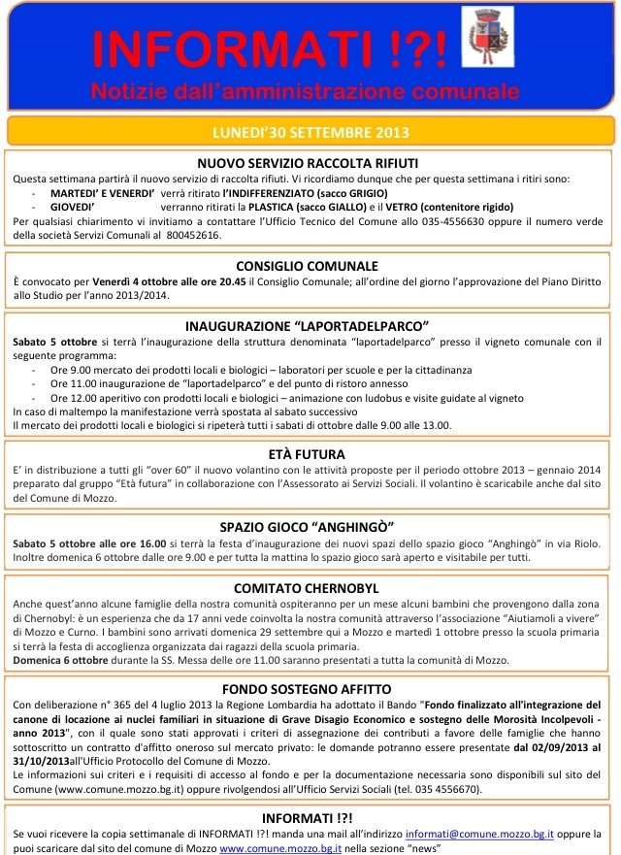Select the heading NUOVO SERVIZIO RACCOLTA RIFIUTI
coord(308,163)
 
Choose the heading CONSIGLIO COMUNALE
coord(308,265)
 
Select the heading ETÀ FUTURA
coord(308,452)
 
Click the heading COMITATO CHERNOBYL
coord(308,587)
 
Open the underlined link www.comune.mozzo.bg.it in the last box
coord(280,847)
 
